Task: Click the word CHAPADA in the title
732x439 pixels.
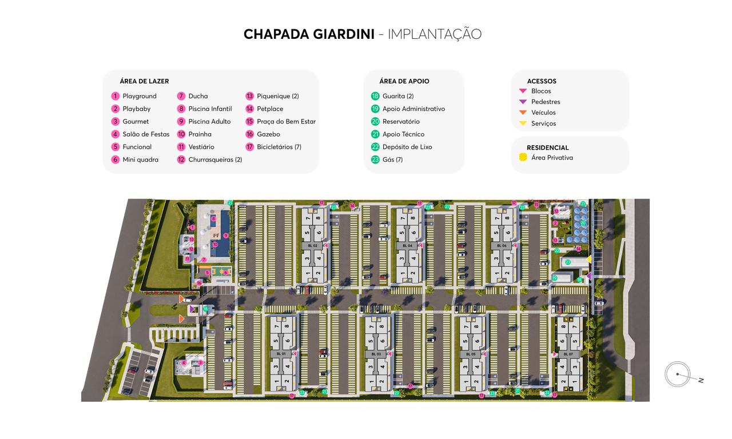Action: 277,34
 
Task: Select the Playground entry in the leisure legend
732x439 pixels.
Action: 139,96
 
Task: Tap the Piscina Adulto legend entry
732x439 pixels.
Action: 209,121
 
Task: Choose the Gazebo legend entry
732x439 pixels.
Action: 268,134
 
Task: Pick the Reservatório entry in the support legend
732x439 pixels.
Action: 401,121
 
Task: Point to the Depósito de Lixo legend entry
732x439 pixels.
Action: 407,147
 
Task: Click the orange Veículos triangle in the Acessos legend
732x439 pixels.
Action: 523,113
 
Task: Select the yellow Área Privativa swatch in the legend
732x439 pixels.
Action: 523,157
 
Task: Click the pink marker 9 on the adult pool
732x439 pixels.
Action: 226,235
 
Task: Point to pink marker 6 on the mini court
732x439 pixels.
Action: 226,273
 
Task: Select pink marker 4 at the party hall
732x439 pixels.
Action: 184,363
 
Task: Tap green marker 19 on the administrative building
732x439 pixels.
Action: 554,278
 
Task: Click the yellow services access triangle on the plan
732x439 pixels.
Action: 588,260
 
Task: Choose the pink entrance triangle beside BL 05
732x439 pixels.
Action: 486,354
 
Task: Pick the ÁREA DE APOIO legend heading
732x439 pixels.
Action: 404,81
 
